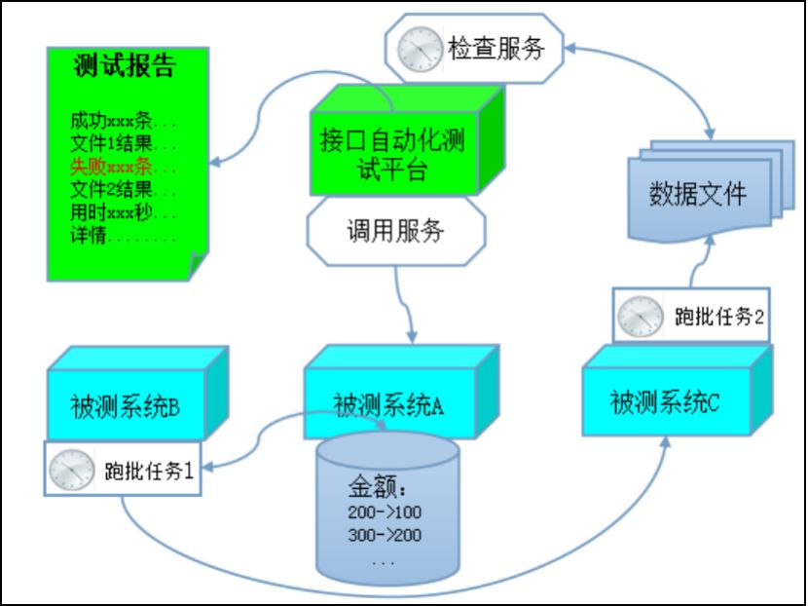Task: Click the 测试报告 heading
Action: point(124,67)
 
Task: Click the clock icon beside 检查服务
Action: point(419,47)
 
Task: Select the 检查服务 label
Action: point(496,48)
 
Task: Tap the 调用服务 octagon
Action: point(395,232)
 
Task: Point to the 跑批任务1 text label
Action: point(149,472)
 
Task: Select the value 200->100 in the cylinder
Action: point(385,512)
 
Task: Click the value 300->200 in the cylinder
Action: point(385,536)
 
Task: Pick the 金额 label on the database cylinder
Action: point(375,488)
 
